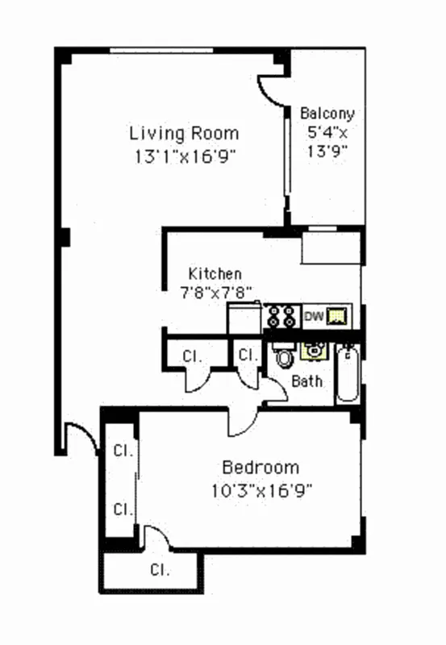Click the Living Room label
pos(185,133)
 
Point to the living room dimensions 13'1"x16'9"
pos(185,156)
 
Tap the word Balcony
pos(327,114)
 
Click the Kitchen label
pos(215,274)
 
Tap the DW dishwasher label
pos(313,317)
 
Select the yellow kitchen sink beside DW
pos(338,317)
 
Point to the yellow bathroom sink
pos(311,350)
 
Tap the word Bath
pos(306,381)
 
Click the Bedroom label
pos(261,468)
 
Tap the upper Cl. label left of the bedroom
pos(123,449)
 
